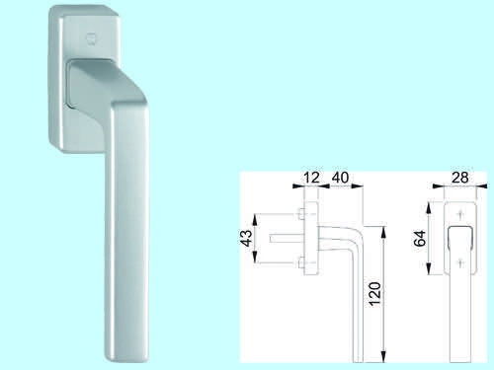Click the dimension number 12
point(311,178)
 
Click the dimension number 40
point(340,178)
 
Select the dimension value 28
point(460,178)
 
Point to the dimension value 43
point(247,238)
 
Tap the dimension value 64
point(420,239)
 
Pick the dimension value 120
point(374,294)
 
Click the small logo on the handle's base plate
point(90,38)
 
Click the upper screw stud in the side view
point(300,214)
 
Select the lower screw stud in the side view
point(300,262)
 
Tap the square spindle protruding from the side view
point(287,239)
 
